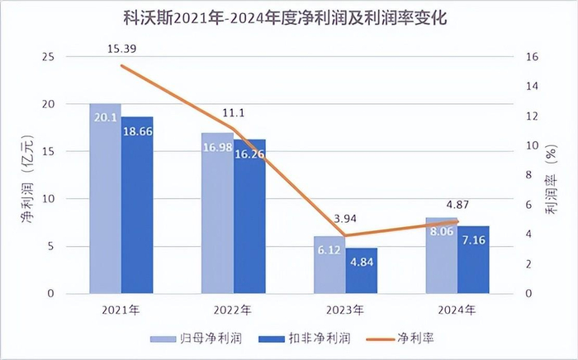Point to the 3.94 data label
[x=346, y=219]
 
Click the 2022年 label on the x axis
[x=234, y=310]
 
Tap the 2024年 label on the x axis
[x=457, y=310]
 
